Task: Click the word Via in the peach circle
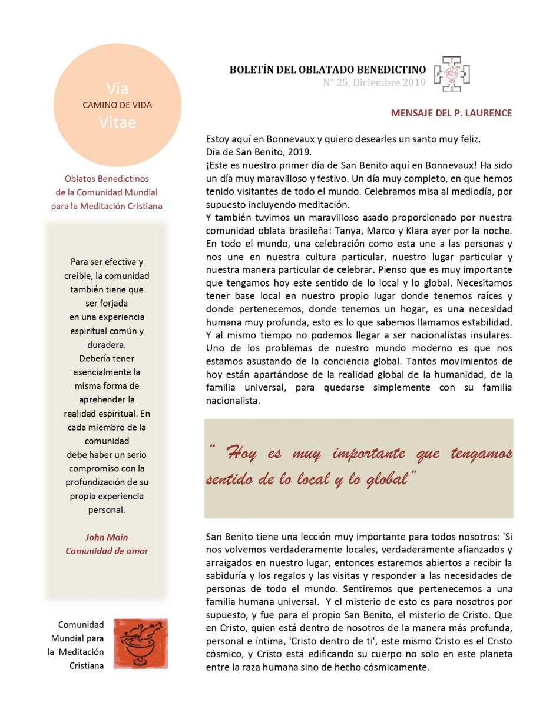[x=117, y=89]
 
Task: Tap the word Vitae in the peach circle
[x=117, y=122]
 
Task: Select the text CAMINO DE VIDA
[x=117, y=106]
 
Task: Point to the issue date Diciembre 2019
[x=389, y=83]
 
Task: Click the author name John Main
[x=107, y=537]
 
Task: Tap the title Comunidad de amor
[x=107, y=551]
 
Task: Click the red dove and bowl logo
[x=140, y=643]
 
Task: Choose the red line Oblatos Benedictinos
[x=107, y=179]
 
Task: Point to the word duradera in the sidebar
[x=107, y=345]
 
